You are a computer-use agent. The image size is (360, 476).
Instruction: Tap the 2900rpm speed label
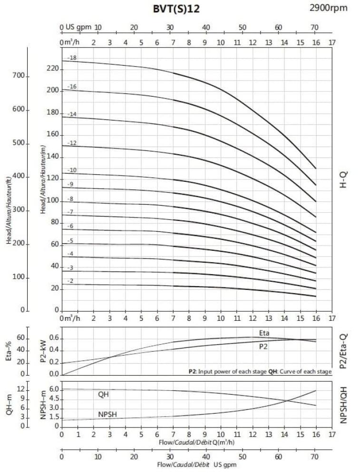point(329,7)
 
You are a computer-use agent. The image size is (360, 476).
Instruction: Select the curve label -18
point(72,58)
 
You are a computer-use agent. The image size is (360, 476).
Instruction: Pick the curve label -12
point(72,143)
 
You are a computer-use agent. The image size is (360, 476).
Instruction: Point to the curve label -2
point(70,281)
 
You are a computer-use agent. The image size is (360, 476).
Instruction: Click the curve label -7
point(70,212)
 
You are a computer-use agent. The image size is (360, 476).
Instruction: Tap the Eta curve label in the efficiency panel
point(264,333)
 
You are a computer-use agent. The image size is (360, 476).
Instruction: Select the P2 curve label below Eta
point(263,347)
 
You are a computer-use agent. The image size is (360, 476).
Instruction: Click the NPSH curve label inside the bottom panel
point(108,415)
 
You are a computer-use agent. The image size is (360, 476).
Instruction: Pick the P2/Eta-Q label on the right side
point(343,351)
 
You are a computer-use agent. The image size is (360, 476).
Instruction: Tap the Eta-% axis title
point(9,351)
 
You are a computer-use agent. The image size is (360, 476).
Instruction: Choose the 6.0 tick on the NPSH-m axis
point(53,389)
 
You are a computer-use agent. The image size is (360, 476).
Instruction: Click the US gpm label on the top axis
point(78,28)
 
